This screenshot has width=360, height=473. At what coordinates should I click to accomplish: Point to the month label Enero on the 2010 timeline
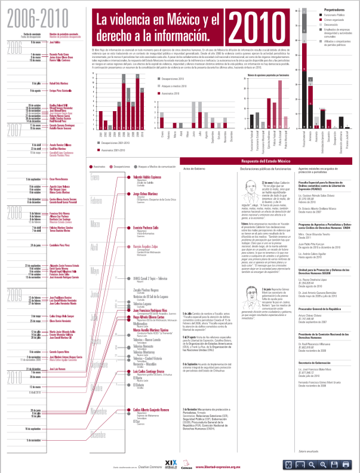coord(95,178)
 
